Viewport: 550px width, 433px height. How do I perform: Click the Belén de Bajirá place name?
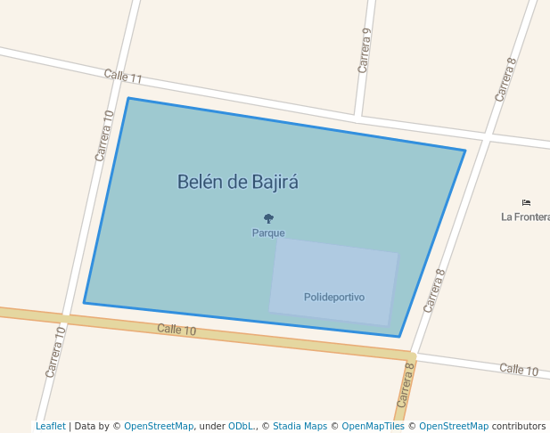237,183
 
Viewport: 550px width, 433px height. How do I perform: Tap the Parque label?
268,233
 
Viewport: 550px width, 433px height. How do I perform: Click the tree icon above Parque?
268,217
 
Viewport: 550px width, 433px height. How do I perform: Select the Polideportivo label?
334,297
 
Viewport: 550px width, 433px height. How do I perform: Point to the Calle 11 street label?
123,78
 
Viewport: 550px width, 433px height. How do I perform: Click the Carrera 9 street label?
365,50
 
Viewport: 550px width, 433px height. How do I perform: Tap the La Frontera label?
525,216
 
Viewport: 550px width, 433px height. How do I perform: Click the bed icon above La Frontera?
526,203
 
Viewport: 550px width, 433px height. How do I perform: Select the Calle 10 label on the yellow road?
176,330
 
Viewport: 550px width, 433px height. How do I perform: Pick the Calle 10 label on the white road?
519,370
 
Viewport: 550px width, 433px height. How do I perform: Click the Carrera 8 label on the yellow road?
405,385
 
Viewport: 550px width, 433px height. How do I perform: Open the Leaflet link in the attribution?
51,426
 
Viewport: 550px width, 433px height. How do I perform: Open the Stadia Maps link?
300,426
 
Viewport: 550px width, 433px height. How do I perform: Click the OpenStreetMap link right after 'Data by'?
159,426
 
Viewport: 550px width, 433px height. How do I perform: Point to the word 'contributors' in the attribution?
519,426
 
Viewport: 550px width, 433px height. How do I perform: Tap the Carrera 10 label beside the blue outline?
104,135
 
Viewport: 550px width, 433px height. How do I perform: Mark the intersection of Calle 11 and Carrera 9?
358,116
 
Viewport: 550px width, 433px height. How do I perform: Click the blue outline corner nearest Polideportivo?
399,337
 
